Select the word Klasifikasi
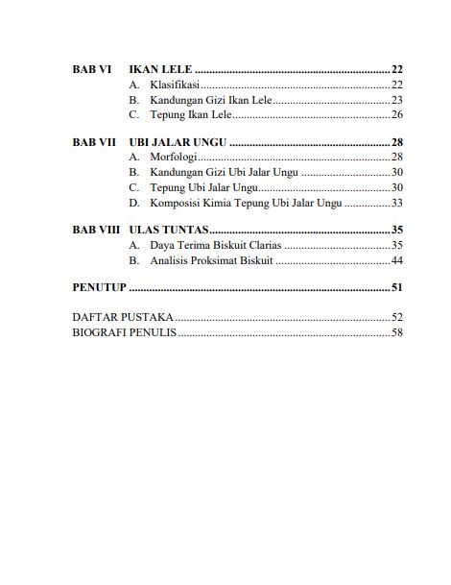174,85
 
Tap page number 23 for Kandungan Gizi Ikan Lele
396,99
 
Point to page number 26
396,114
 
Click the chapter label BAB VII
94,141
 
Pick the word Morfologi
173,157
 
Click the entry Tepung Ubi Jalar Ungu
204,186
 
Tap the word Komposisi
177,202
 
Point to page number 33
396,202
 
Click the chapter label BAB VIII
96,231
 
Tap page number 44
396,260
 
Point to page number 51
396,287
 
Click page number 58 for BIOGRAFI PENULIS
396,331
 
